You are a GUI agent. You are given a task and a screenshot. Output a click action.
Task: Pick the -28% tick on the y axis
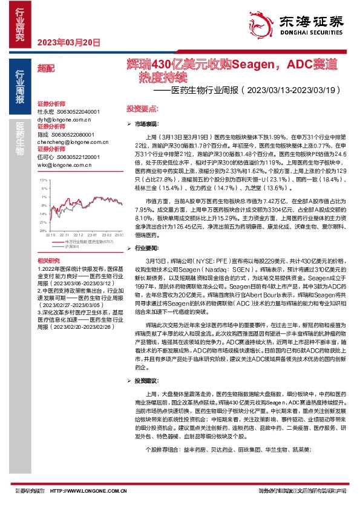(x=42, y=230)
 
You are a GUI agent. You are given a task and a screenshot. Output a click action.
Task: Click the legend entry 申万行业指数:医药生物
(x=79, y=242)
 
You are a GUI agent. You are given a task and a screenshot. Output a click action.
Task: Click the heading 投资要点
(x=142, y=109)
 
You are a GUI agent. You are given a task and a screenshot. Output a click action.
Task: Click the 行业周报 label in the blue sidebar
(x=19, y=87)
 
